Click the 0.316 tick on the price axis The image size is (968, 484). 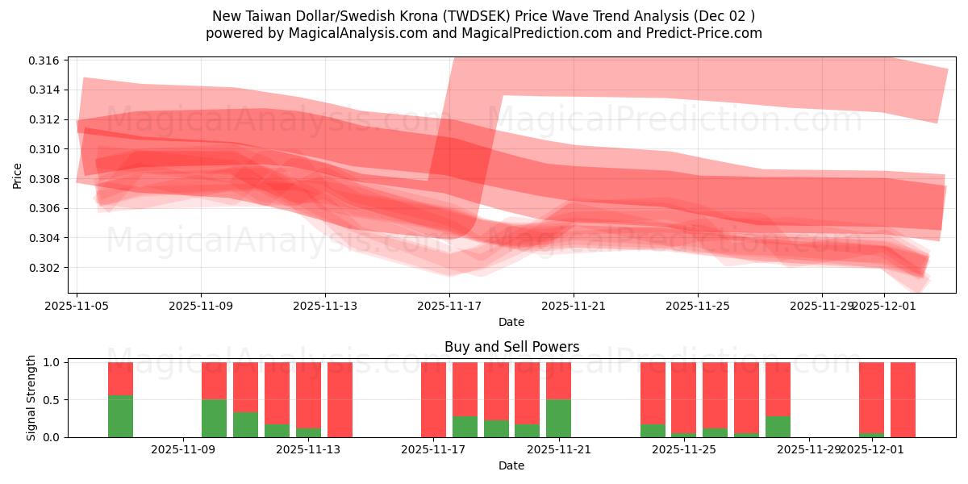pos(45,60)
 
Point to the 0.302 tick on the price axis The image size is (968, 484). pos(45,268)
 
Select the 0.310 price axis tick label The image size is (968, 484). pos(45,149)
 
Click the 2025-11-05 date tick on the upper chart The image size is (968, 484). pos(77,307)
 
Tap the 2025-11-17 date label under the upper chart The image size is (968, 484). pos(449,307)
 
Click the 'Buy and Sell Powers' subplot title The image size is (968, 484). pos(511,347)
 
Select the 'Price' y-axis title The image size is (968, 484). pos(18,175)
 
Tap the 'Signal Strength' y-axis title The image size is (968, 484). pos(31,398)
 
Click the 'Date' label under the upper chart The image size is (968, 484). pos(511,322)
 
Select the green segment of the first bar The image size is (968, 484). pos(120,416)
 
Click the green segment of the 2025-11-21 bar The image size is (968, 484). pos(558,418)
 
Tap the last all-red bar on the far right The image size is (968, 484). pos(903,399)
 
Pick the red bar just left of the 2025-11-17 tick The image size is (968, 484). pos(433,399)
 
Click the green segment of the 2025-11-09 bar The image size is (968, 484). pos(214,418)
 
